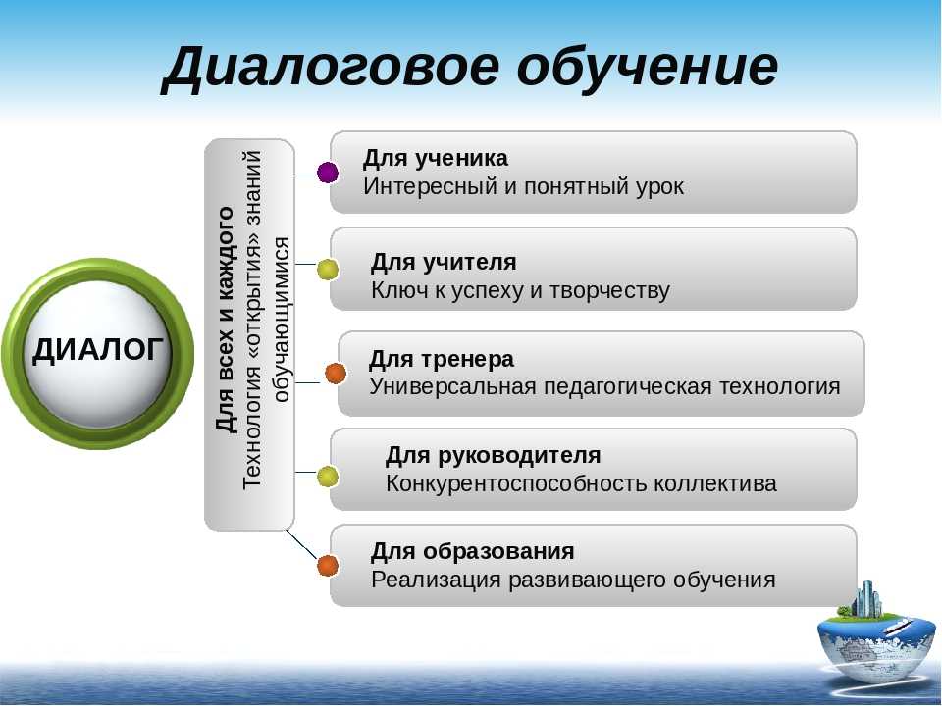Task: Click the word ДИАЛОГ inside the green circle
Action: [x=98, y=350]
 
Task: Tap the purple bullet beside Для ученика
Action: [x=328, y=173]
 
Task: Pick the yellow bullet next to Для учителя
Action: [x=328, y=269]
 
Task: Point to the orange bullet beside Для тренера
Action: [x=336, y=374]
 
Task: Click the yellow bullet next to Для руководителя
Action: [x=328, y=478]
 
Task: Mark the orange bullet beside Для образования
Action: [x=328, y=566]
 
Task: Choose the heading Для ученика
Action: [x=436, y=159]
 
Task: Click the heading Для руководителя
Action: [x=493, y=456]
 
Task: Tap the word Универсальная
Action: [x=452, y=386]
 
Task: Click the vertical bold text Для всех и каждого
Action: [x=225, y=320]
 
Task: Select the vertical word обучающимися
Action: [x=282, y=320]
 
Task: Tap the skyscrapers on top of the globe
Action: [x=867, y=598]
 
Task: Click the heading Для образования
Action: [x=473, y=552]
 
